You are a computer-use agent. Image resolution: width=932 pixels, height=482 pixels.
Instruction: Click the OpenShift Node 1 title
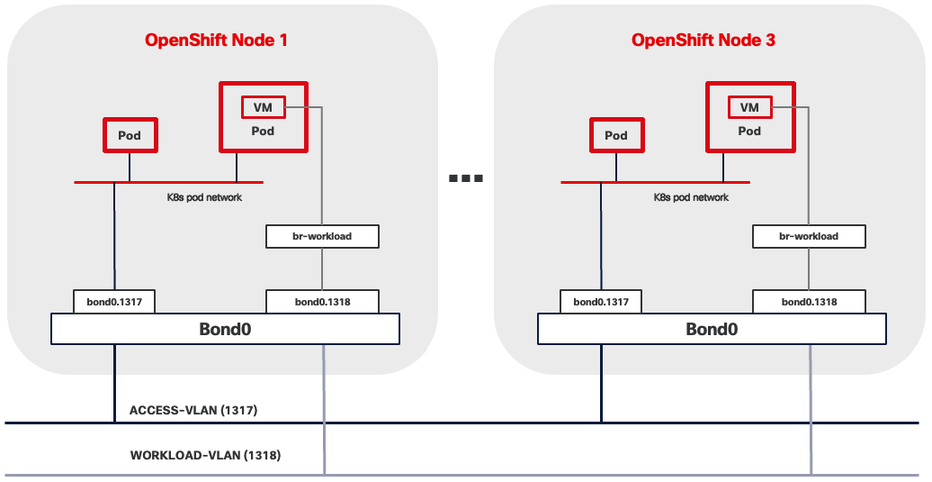pyautogui.click(x=216, y=41)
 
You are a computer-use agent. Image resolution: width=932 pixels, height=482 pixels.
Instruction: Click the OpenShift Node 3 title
pyautogui.click(x=703, y=41)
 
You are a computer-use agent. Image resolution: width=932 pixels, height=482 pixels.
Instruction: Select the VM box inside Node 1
pyautogui.click(x=263, y=107)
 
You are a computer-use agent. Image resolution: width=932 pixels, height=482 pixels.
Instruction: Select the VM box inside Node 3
pyautogui.click(x=749, y=107)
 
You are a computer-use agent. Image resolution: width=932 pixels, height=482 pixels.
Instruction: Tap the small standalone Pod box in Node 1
pyautogui.click(x=129, y=135)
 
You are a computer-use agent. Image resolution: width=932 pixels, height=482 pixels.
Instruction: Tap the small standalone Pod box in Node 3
pyautogui.click(x=615, y=135)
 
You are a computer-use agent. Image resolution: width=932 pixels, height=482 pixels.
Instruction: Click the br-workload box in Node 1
pyautogui.click(x=322, y=236)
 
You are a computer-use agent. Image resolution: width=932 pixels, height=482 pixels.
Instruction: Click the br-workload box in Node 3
pyautogui.click(x=809, y=236)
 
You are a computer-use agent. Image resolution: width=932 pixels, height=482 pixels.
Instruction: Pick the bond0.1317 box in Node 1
pyautogui.click(x=114, y=302)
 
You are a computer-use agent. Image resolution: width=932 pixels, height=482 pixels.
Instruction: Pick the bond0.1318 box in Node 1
pyautogui.click(x=322, y=302)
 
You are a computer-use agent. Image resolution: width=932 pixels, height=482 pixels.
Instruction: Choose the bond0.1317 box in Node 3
pyautogui.click(x=601, y=302)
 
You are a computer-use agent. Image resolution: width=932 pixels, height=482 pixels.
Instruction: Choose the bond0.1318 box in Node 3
pyautogui.click(x=809, y=302)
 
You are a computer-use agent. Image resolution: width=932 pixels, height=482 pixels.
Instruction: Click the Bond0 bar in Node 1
pyautogui.click(x=225, y=329)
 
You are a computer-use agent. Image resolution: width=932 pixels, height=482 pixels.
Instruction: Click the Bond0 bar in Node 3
pyautogui.click(x=712, y=329)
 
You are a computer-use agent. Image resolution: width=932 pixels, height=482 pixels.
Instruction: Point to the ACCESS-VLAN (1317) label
pyautogui.click(x=193, y=410)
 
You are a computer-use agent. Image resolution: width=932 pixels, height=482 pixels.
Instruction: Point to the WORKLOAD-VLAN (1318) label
pyautogui.click(x=205, y=455)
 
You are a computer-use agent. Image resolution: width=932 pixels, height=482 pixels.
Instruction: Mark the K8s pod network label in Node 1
pyautogui.click(x=204, y=196)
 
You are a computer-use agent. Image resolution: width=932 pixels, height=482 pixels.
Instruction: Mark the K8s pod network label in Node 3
pyautogui.click(x=691, y=196)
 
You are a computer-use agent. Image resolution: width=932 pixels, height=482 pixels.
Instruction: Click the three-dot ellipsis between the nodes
pyautogui.click(x=466, y=178)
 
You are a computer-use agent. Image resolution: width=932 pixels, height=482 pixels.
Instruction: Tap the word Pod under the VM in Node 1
pyautogui.click(x=263, y=131)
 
